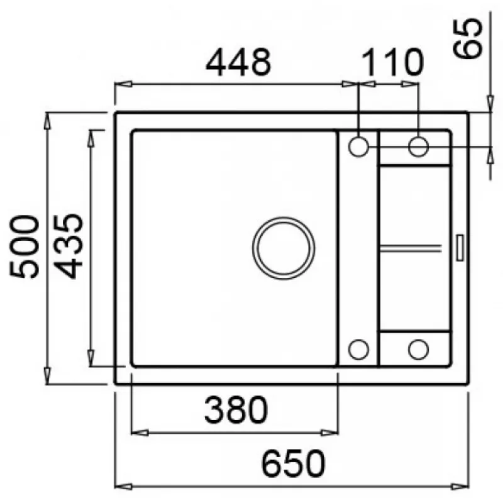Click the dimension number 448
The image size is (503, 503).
(238, 62)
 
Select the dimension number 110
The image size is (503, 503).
(392, 62)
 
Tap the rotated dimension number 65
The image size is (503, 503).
(467, 38)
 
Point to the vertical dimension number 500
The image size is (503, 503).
(25, 246)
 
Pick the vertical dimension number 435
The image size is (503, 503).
(68, 246)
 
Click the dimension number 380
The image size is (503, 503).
(236, 410)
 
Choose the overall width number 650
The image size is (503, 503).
(293, 464)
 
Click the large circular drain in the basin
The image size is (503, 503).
(284, 248)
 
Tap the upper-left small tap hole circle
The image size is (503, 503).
(358, 147)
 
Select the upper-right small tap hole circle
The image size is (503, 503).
(418, 147)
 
